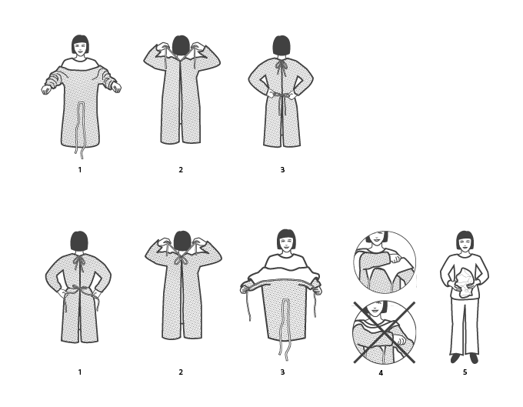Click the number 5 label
point(465,372)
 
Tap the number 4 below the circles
point(381,373)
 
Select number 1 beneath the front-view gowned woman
point(79,169)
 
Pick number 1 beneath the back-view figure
point(79,372)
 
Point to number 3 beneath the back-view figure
point(282,169)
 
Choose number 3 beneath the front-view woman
point(282,372)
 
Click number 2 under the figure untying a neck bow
point(181,372)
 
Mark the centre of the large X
point(384,332)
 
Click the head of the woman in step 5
point(465,241)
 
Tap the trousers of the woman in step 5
point(464,327)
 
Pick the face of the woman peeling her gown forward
point(285,243)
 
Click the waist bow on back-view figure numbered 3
point(281,95)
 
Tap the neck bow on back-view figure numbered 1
point(79,263)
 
